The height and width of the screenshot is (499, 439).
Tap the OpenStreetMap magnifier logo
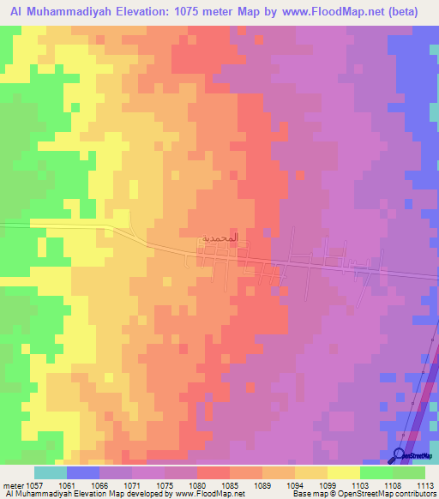coord(400,455)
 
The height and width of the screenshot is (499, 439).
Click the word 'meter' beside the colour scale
coord(14,485)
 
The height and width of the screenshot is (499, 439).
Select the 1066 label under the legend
coord(101,485)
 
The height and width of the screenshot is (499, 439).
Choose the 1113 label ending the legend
coord(427,485)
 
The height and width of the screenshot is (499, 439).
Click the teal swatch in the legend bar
coord(51,472)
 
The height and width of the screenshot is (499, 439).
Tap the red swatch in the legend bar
coord(213,472)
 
